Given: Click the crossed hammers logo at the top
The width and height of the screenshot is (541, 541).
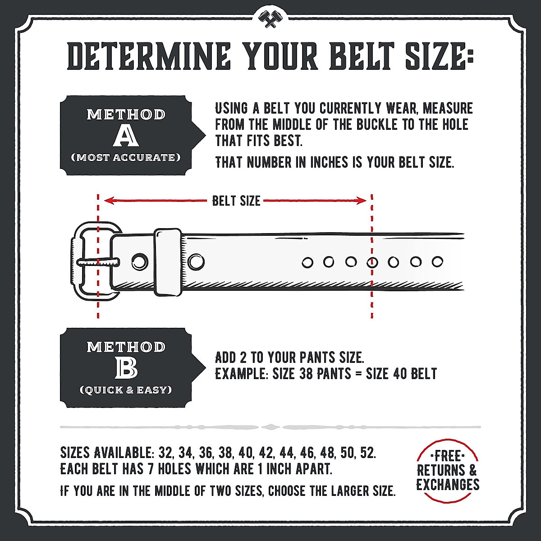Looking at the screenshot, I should click(x=270, y=18).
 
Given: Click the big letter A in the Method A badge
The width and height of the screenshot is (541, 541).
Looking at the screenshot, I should click(x=126, y=137).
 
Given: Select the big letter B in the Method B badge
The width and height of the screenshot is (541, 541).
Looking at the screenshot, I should click(x=126, y=369).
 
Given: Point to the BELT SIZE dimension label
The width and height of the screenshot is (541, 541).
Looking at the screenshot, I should click(x=236, y=201).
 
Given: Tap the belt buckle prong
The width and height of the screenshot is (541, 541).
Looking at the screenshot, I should click(x=99, y=261).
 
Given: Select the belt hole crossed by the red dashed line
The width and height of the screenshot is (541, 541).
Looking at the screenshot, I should click(x=372, y=261).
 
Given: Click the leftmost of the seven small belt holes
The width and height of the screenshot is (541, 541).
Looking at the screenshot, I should click(x=307, y=261).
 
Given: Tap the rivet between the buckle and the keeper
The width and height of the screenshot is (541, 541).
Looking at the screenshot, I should click(x=140, y=260).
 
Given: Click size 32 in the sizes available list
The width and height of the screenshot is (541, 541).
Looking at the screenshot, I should click(x=165, y=452).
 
